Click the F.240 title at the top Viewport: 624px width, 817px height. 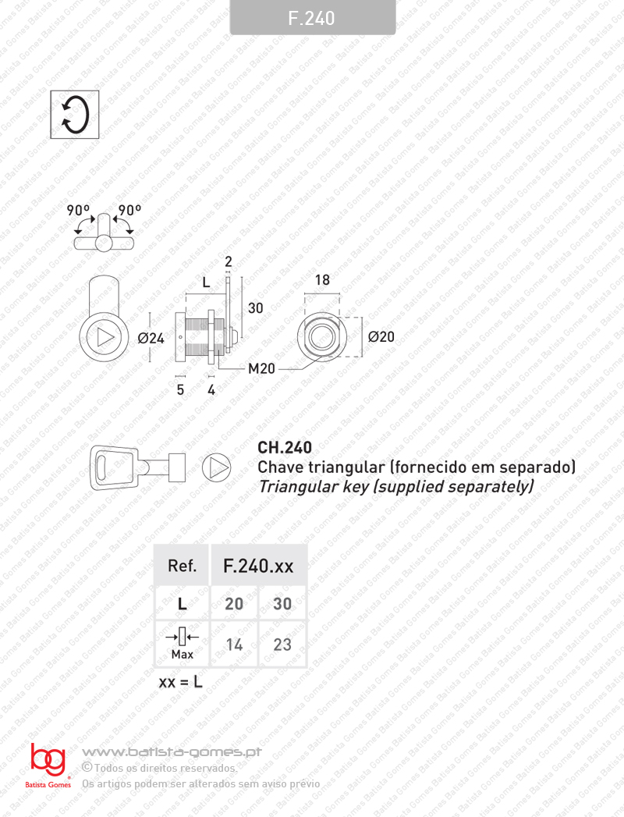point(312,18)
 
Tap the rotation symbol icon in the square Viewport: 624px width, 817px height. point(75,115)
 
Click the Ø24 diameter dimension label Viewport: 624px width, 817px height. point(151,339)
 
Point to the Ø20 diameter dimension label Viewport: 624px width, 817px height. point(381,337)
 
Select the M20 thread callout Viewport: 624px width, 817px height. point(261,368)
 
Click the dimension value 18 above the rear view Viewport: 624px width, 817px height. point(322,281)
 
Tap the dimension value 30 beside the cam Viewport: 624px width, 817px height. point(255,308)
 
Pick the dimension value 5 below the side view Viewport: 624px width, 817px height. point(180,389)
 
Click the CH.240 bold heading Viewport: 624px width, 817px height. point(285,448)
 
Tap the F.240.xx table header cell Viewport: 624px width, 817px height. point(258,566)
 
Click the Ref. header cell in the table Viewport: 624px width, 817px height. point(183,566)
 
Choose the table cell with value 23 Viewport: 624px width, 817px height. point(282,645)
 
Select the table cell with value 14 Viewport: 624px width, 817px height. point(234,645)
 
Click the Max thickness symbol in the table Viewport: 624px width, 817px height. point(183,644)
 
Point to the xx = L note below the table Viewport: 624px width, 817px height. point(181,682)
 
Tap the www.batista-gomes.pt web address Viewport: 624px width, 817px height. point(171,752)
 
